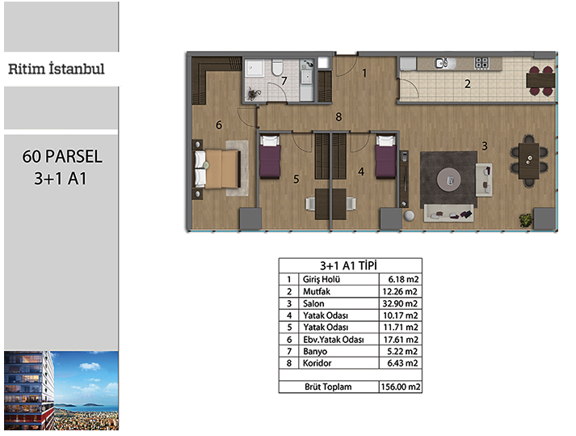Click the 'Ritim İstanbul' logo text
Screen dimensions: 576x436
pos(57,69)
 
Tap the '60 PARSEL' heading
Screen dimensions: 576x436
pos(62,156)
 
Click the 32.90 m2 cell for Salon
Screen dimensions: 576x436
pos(400,303)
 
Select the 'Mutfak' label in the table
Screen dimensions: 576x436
pos(317,291)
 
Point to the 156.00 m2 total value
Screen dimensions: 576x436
pos(401,387)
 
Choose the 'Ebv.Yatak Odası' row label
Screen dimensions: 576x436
pos(333,339)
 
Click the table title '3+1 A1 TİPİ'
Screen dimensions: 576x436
pos(348,265)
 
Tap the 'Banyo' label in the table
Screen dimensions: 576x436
pos(315,351)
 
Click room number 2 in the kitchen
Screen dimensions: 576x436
pos(467,84)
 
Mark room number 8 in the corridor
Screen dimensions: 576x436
pos(338,117)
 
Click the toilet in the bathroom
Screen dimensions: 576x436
pos(277,67)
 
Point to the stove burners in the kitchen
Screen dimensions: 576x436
pos(481,63)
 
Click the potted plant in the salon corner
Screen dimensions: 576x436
pos(526,220)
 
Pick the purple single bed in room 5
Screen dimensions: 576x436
pos(270,157)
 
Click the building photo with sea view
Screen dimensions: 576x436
pos(61,391)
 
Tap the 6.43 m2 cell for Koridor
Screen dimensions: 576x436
pos(402,363)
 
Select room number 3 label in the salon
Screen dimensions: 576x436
pos(485,146)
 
